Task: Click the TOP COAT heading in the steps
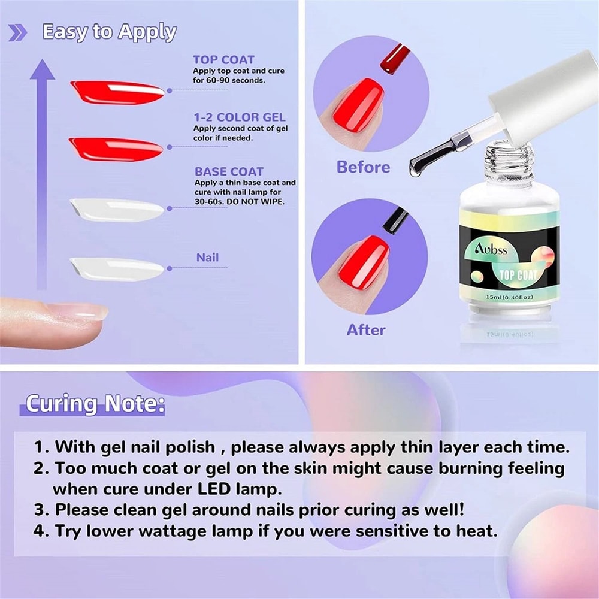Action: coord(223,59)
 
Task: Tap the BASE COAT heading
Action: coord(229,171)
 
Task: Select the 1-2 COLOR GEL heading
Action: coord(239,117)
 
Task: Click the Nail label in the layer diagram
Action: coord(207,258)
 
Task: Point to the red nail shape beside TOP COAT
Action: coord(117,92)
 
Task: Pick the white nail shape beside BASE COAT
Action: coord(116,209)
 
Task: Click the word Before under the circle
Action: coord(363,167)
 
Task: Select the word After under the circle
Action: coord(366,329)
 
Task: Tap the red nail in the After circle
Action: coord(364,263)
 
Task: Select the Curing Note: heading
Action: coord(95,404)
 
